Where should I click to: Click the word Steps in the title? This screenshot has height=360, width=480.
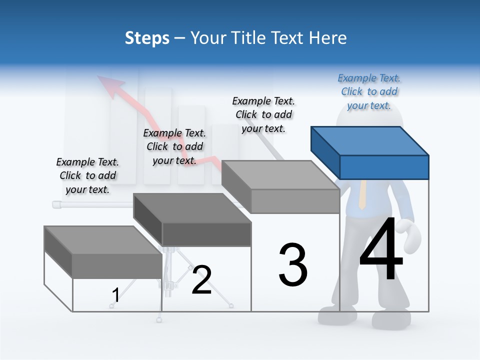[x=147, y=38]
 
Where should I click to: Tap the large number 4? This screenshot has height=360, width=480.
[x=381, y=250]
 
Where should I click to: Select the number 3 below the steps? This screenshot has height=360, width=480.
[x=293, y=265]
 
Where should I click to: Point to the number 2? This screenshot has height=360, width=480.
[x=201, y=280]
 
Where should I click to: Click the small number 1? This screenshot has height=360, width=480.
[x=115, y=295]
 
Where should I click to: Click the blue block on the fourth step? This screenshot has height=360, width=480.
[x=370, y=152]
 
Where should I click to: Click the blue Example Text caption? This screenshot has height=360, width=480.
[x=369, y=91]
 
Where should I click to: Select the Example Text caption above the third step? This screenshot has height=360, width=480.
[x=264, y=114]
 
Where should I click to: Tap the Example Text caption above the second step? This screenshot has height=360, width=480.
[x=174, y=146]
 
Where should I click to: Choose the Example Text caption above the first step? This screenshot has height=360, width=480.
[x=87, y=175]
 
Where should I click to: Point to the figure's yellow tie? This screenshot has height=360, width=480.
[x=363, y=195]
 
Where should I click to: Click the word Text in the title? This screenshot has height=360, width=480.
[x=291, y=38]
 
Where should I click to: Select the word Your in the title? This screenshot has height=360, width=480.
[x=208, y=38]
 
